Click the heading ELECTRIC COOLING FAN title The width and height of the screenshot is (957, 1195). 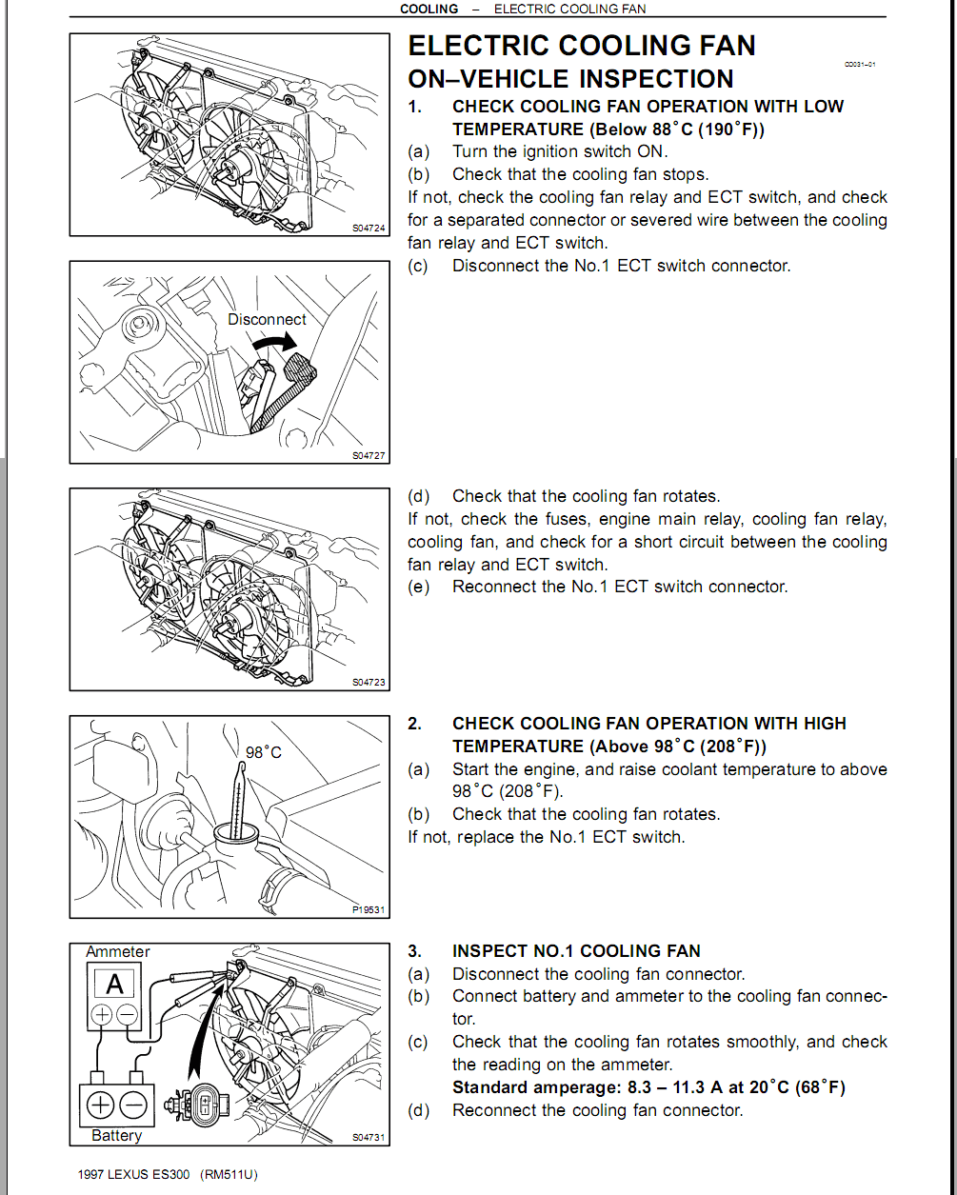581,46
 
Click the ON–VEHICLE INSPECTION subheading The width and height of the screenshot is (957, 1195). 570,79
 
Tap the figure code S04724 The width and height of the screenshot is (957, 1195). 369,229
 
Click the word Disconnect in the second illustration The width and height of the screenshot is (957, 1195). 267,320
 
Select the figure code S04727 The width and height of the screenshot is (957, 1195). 369,456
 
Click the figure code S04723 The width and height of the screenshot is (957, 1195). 369,683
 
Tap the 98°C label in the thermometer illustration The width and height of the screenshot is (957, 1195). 264,752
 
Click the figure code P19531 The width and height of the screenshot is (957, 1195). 369,910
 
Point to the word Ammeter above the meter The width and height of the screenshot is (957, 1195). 118,952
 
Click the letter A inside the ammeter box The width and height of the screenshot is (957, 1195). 114,984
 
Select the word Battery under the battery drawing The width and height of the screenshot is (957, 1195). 116,1135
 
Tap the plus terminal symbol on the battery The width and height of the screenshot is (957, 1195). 100,1105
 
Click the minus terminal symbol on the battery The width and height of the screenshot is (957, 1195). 134,1105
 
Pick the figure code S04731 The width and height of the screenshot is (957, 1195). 369,1137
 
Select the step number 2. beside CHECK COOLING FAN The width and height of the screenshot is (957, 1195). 414,724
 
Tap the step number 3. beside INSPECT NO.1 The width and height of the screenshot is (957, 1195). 414,951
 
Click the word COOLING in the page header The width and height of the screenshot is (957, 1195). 429,9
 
